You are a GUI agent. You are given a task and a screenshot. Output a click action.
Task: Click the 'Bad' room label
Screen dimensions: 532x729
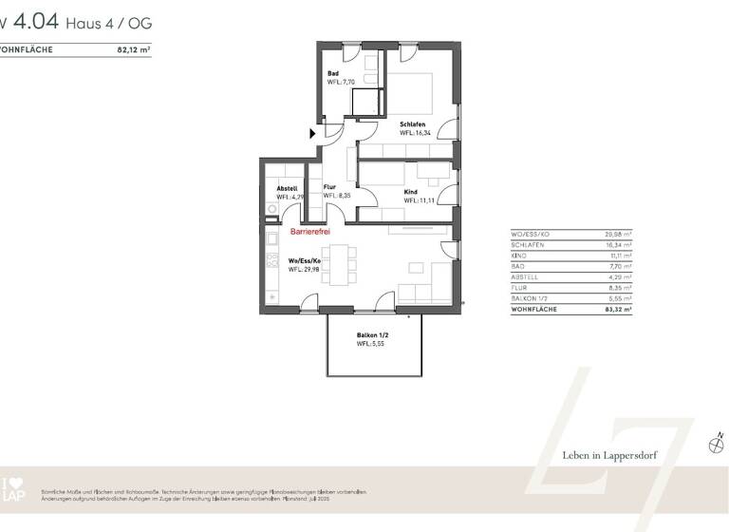click(x=333, y=74)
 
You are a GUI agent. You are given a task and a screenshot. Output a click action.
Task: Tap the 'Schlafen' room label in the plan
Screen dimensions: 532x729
click(x=412, y=124)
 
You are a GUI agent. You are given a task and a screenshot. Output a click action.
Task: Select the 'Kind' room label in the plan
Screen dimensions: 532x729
click(x=411, y=192)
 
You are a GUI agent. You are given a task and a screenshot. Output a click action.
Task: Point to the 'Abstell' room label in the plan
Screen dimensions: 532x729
click(x=287, y=188)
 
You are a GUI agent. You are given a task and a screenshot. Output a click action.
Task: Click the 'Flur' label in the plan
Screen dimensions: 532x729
click(x=330, y=188)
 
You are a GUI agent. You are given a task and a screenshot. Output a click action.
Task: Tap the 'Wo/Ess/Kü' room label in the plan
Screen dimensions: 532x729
click(x=305, y=260)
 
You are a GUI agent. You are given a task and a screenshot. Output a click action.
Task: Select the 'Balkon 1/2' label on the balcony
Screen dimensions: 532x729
click(x=373, y=335)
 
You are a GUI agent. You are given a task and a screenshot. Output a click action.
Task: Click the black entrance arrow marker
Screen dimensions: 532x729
click(x=313, y=134)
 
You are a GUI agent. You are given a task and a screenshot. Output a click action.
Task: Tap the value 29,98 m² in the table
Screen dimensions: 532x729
click(x=618, y=233)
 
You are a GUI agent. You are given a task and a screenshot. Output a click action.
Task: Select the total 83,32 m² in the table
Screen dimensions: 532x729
click(x=618, y=309)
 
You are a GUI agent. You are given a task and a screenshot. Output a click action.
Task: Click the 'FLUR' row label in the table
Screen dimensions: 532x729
click(x=520, y=287)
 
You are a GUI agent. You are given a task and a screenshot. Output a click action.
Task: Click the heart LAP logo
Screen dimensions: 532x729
click(x=10, y=488)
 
